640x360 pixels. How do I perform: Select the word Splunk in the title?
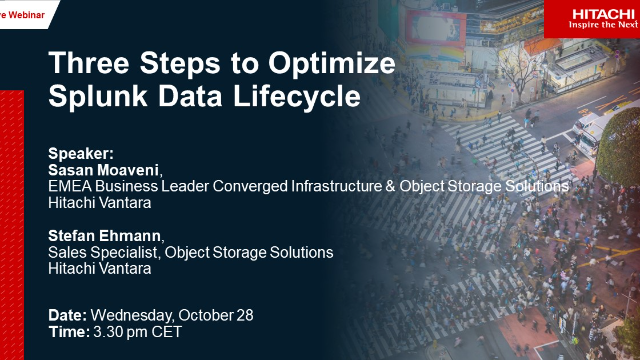click(x=95, y=98)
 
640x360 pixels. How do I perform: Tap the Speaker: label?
click(x=81, y=154)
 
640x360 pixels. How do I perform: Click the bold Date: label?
click(x=68, y=315)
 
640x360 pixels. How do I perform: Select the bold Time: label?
click(x=68, y=331)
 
